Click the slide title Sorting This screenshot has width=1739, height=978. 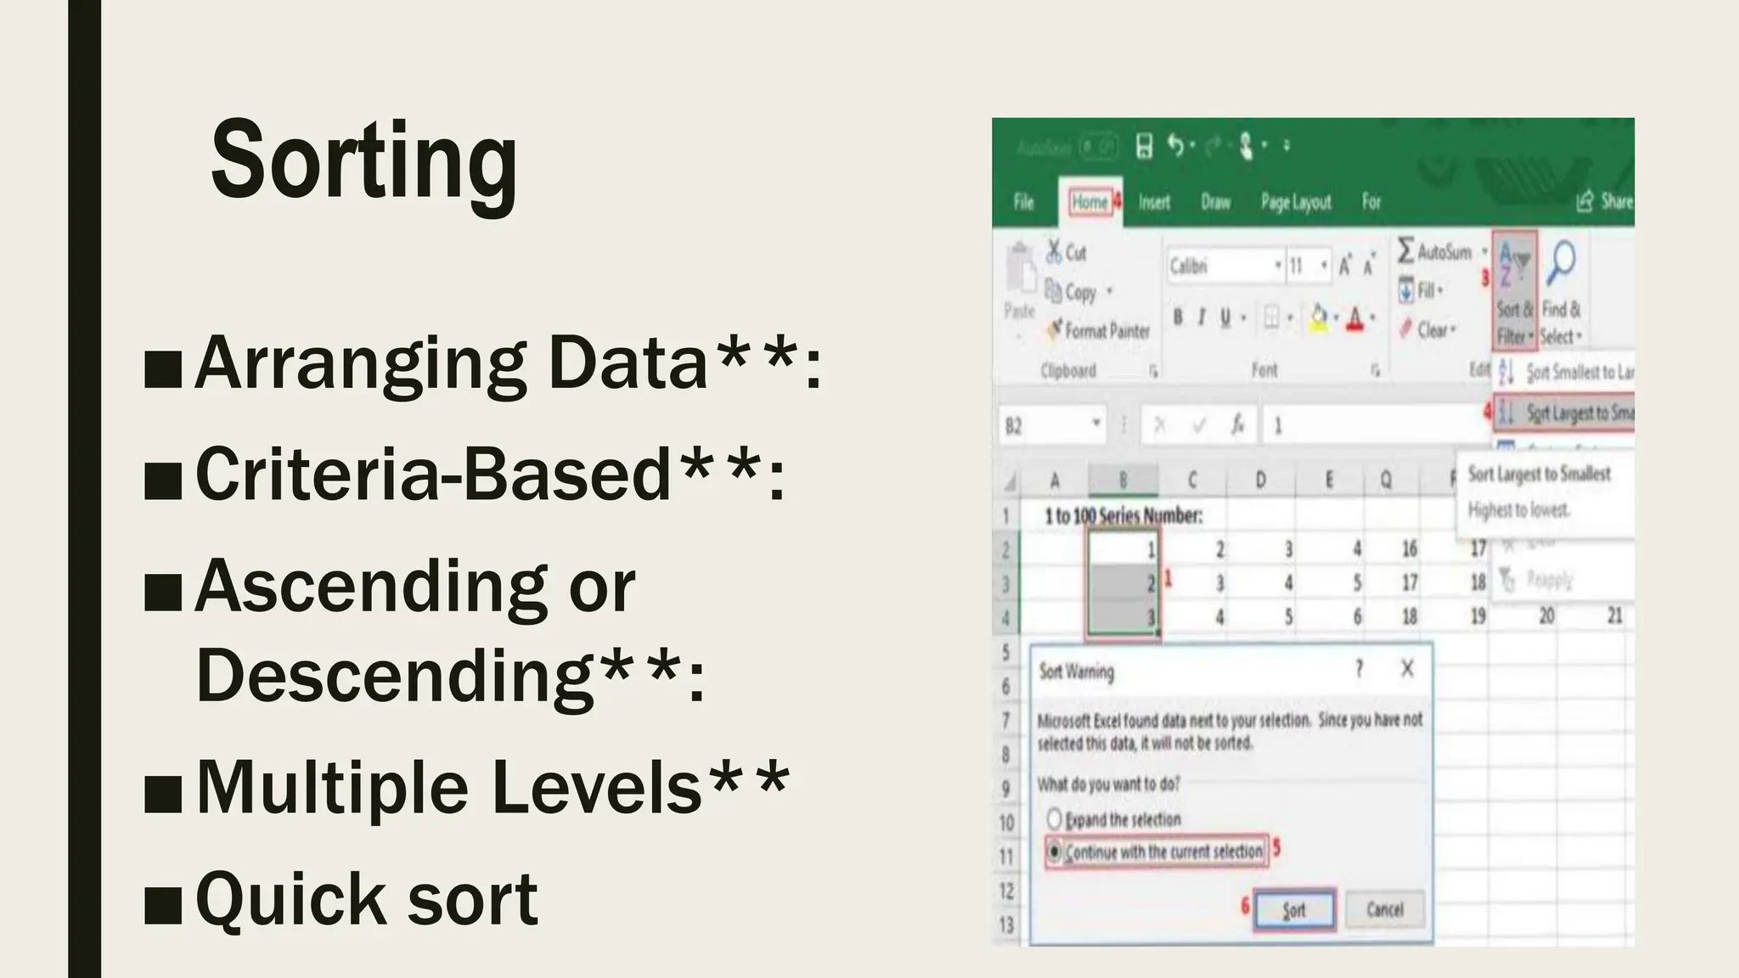click(363, 161)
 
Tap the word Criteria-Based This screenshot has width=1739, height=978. click(433, 474)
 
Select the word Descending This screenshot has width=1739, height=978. click(394, 676)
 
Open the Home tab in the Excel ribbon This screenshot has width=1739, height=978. click(1089, 202)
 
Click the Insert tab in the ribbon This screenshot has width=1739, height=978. click(1154, 202)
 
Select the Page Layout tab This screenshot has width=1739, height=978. click(1296, 202)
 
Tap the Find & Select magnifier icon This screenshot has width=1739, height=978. click(1561, 263)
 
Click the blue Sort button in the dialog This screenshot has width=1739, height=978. click(1294, 910)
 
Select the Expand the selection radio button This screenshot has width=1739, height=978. click(1055, 819)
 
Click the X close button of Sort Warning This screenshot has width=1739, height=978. click(1407, 669)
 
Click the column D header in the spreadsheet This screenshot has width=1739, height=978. click(1260, 481)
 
